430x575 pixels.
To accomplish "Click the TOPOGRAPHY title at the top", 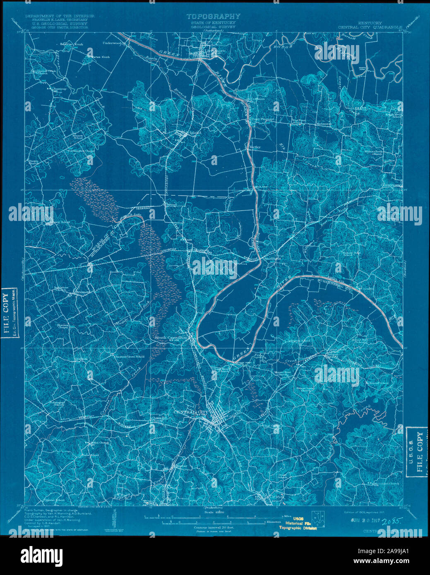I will (x=213, y=17).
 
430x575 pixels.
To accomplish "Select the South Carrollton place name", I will (x=171, y=338).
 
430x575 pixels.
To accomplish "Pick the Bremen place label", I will (x=82, y=292).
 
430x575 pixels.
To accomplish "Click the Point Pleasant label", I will (x=263, y=119).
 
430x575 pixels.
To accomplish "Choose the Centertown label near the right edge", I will (x=392, y=185).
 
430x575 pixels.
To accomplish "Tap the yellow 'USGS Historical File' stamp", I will (x=296, y=523).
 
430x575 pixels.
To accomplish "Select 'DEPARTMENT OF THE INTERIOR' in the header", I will (x=60, y=16).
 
